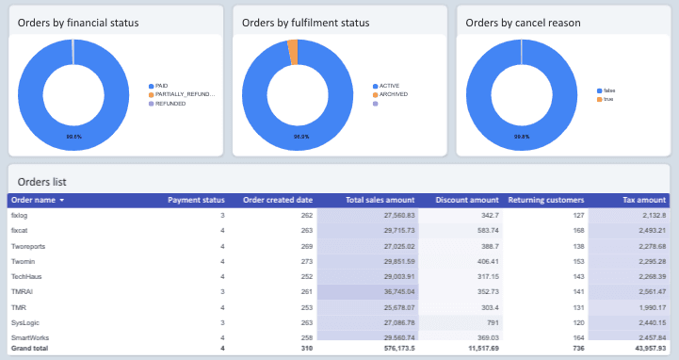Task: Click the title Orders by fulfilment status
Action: coord(305,22)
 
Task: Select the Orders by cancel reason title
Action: coord(523,22)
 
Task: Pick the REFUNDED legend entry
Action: coord(170,104)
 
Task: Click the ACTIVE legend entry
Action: coord(390,85)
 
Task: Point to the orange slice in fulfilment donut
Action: coord(292,52)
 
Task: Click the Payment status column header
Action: coord(195,200)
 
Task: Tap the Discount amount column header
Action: coord(466,200)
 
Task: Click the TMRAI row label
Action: coord(21,292)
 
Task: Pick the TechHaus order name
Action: coord(25,276)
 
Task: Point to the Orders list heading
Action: coord(41,181)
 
